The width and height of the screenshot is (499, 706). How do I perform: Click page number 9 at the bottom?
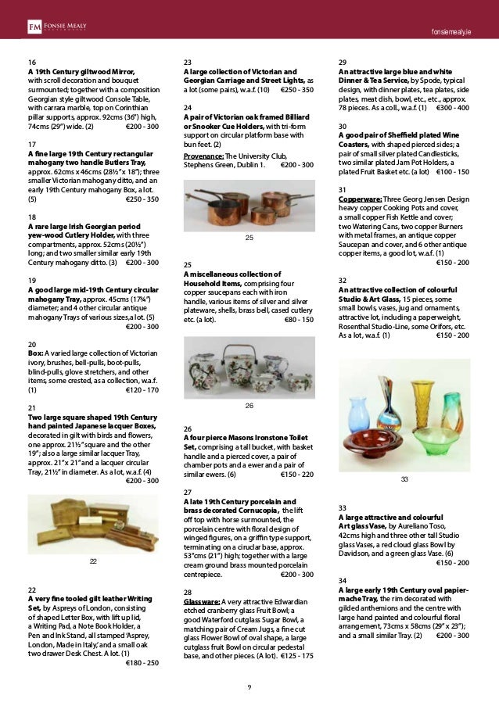pyautogui.click(x=249, y=686)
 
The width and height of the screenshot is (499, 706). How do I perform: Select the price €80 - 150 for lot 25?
pyautogui.click(x=298, y=319)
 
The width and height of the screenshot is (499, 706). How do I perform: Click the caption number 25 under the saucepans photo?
pyautogui.click(x=249, y=236)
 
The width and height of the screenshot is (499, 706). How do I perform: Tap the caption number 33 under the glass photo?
pyautogui.click(x=404, y=478)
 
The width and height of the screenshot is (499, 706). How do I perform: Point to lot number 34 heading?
pyautogui.click(x=343, y=580)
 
